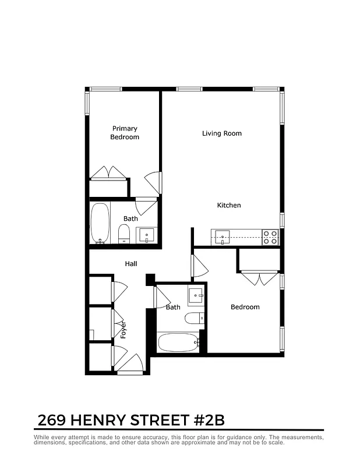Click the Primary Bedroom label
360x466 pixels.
point(125,133)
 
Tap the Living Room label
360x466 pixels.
point(221,133)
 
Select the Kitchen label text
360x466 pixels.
point(229,205)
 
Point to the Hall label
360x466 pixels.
point(131,264)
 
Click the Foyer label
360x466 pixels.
point(123,330)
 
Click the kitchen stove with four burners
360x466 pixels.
point(270,237)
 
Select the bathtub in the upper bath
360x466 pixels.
point(100,223)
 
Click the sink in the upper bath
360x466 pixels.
point(146,235)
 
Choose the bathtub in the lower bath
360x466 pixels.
point(178,342)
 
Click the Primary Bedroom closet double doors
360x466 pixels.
point(108,173)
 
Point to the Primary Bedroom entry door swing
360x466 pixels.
point(153,182)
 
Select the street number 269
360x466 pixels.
point(51,420)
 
